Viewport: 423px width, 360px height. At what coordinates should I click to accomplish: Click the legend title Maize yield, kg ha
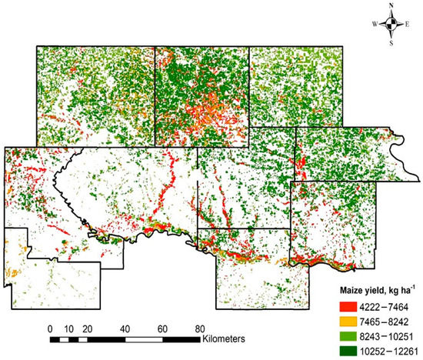pos(375,292)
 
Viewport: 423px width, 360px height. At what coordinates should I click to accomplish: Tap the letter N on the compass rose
pos(392,7)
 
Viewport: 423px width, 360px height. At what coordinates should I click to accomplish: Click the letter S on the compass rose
pos(392,40)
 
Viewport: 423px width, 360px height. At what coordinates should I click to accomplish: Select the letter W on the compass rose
pos(375,24)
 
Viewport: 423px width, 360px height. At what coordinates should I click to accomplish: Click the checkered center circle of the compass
pos(392,23)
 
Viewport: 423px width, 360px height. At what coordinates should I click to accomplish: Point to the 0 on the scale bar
pos(51,327)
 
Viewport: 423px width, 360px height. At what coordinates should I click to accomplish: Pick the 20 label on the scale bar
pos(88,327)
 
